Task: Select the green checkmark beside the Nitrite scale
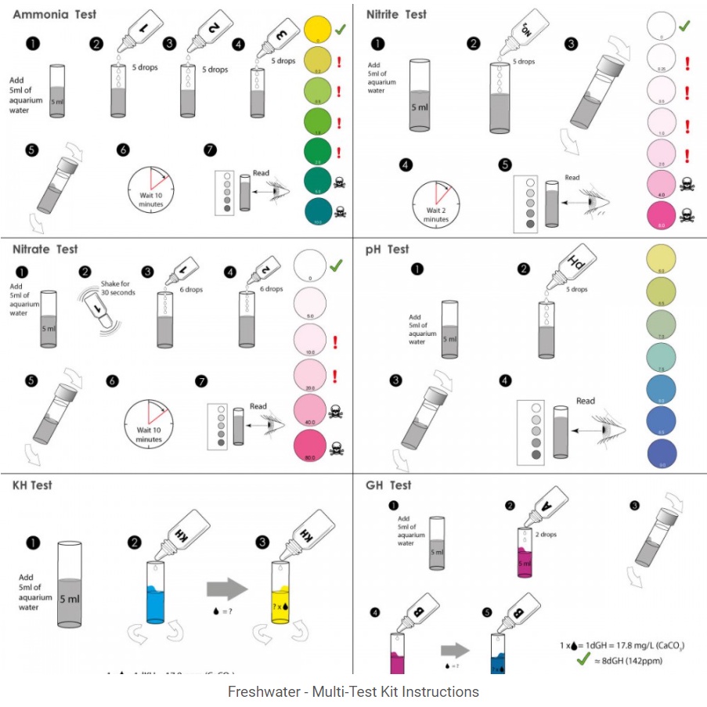[683, 25]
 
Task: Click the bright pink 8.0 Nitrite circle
[661, 215]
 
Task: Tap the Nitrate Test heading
[45, 249]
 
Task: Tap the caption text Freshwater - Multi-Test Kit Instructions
[353, 691]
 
